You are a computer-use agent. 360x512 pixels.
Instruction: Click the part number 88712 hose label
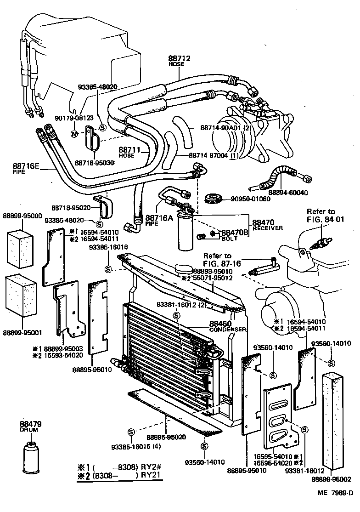[179, 61]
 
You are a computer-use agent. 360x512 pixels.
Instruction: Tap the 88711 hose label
[127, 152]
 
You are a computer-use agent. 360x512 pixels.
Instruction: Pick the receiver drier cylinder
[186, 232]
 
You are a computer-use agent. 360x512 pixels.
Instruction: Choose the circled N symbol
[74, 134]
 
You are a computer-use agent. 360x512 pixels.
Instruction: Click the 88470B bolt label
[235, 234]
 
